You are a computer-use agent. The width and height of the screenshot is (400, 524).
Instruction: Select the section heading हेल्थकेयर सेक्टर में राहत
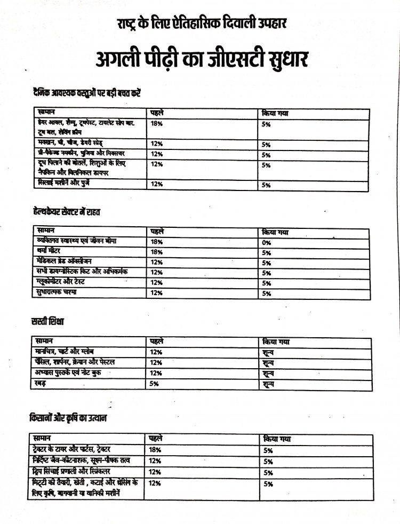(x=67, y=212)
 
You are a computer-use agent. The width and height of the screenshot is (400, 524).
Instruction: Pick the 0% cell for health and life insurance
(x=267, y=242)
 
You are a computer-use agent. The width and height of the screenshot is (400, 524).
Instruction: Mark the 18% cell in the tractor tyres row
(x=156, y=450)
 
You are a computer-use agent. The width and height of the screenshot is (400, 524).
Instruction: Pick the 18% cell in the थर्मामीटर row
(x=156, y=252)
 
